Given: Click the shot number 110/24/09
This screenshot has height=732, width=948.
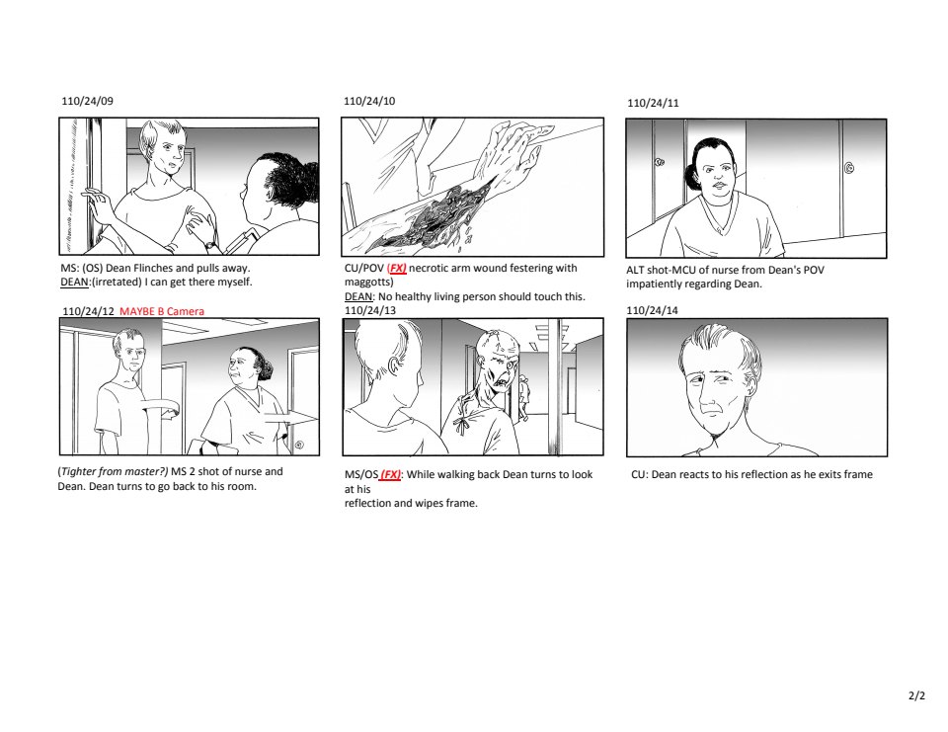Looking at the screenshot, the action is coord(87,101).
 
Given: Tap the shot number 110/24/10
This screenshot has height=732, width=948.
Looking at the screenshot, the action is coord(369,101).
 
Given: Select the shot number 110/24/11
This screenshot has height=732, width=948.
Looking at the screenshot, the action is coord(653,103).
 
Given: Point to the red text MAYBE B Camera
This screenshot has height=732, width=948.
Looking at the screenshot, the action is coord(162,311).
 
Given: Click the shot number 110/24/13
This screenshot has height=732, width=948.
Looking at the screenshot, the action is coord(370,310).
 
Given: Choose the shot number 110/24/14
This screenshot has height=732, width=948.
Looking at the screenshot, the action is coord(653,310).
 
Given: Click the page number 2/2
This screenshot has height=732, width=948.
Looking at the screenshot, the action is coord(916,695).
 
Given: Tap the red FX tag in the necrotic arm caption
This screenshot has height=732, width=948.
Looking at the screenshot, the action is coord(397,268).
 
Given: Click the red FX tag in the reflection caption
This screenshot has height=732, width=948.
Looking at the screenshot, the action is coord(390,474).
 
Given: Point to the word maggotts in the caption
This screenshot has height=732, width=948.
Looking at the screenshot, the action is coord(367,282).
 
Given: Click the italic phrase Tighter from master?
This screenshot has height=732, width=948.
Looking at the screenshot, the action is coord(114,472).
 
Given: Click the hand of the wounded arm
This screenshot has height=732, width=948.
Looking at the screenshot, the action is coord(513,151).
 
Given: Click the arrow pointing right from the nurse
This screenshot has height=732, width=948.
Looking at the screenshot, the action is coord(290,418).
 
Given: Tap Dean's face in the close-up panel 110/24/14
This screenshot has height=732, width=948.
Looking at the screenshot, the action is coord(718,388).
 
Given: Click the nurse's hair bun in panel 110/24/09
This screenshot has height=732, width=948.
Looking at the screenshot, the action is coord(296,182).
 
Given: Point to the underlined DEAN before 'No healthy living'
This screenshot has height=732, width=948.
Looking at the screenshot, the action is coord(357,296).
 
